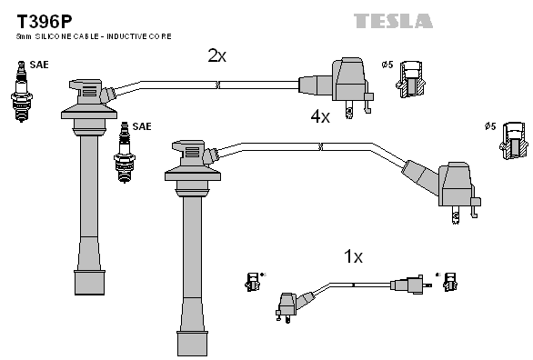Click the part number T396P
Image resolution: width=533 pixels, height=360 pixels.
[45, 22]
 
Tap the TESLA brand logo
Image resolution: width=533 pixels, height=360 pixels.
[393, 21]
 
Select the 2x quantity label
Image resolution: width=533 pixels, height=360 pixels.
[216, 55]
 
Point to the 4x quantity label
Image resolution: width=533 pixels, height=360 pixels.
[320, 116]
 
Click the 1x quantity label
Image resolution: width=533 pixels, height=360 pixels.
[353, 256]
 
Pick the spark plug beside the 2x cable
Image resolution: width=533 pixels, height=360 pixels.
[22, 91]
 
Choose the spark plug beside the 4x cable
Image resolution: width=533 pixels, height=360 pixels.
[125, 153]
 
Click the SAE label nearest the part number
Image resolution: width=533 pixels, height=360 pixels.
[39, 65]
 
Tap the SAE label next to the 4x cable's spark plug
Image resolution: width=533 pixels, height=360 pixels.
[142, 126]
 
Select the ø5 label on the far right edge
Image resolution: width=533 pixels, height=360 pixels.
[490, 126]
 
